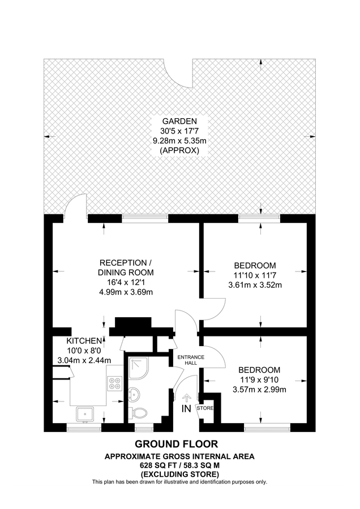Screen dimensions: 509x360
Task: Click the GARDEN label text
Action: coord(179,121)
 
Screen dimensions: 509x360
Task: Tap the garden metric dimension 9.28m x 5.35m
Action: coord(179,141)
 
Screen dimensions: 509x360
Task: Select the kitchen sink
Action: coord(85,414)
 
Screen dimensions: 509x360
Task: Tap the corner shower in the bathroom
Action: coord(136,368)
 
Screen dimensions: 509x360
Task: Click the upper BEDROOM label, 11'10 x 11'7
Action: coord(255,265)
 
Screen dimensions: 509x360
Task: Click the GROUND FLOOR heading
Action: coord(179,444)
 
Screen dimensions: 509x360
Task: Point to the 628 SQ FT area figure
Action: coord(157,464)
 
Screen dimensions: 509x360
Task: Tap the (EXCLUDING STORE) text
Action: coord(179,473)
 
